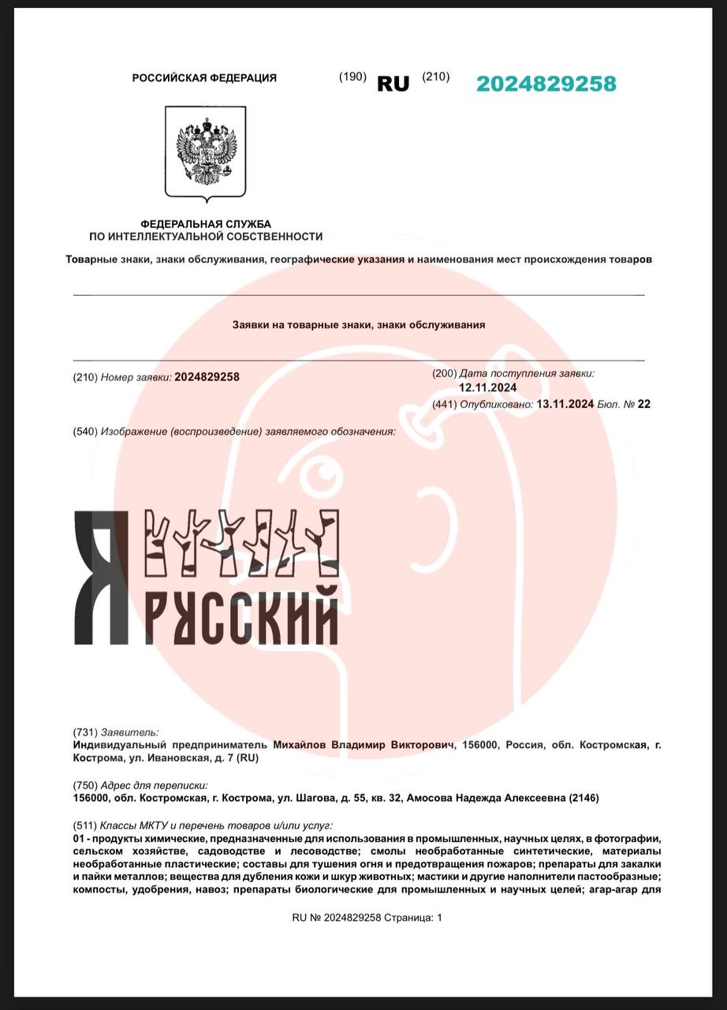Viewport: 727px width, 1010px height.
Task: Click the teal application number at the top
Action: click(546, 84)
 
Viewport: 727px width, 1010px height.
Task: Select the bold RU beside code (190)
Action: click(393, 84)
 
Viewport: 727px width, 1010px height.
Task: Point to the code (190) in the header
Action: click(352, 77)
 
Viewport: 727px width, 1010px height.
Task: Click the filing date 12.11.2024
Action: click(488, 387)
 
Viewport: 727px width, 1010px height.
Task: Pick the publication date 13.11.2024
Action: click(565, 404)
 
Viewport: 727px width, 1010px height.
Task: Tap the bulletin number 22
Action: click(644, 404)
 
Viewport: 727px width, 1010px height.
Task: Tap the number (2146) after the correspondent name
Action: click(583, 798)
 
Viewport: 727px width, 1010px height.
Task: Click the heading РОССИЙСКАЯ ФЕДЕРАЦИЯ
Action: click(204, 77)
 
